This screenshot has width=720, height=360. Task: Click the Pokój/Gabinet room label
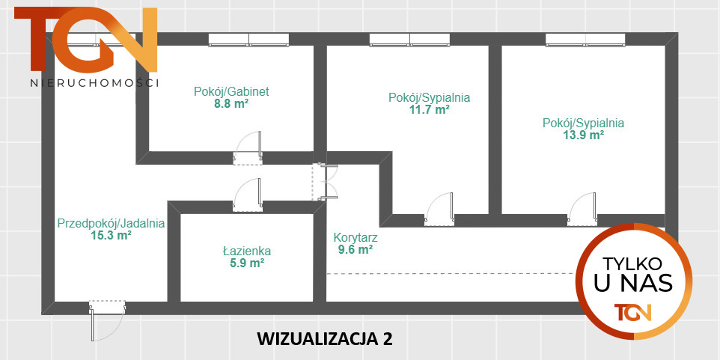click(231, 92)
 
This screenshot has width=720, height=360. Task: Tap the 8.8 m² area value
click(231, 105)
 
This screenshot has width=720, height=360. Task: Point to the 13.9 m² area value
click(583, 135)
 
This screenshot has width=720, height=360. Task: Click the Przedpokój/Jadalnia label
click(112, 222)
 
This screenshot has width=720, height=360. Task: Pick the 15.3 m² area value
click(112, 235)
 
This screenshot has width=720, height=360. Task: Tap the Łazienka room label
click(246, 251)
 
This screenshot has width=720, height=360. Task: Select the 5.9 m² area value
click(246, 263)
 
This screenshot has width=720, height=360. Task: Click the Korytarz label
click(356, 238)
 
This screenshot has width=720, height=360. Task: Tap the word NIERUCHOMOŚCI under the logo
click(94, 83)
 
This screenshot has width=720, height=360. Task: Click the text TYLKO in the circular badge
click(632, 264)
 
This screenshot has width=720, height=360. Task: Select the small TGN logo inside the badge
click(632, 311)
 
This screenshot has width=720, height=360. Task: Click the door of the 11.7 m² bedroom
click(439, 210)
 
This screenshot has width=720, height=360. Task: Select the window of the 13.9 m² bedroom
click(585, 40)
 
